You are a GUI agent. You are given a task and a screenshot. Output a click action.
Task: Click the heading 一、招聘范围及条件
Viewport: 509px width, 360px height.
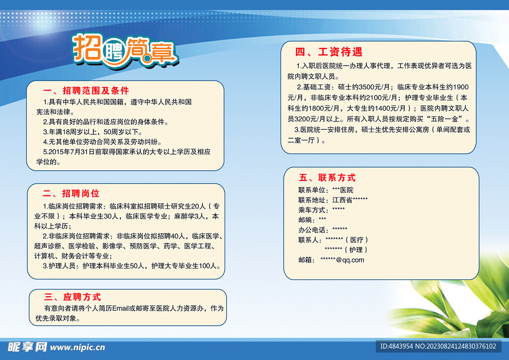pyautogui.click(x=86, y=90)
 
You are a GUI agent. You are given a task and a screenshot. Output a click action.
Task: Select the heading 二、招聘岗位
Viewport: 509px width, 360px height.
pyautogui.click(x=71, y=193)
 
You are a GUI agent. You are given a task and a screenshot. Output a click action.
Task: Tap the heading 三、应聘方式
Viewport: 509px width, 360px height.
pyautogui.click(x=73, y=297)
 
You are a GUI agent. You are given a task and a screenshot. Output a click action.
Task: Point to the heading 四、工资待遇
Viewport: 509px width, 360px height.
pyautogui.click(x=329, y=52)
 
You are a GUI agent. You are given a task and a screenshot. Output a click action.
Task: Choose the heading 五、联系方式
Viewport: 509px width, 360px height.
pyautogui.click(x=327, y=178)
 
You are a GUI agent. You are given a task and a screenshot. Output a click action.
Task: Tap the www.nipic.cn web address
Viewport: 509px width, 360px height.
pyautogui.click(x=78, y=348)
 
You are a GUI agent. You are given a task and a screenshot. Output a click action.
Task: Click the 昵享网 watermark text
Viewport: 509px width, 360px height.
pyautogui.click(x=27, y=347)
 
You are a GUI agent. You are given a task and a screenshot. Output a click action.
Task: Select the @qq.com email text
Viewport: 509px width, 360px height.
pyautogui.click(x=350, y=260)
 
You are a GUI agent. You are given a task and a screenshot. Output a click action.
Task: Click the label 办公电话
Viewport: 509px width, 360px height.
pyautogui.click(x=312, y=230)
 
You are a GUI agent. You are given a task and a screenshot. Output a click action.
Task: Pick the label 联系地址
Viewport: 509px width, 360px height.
pyautogui.click(x=312, y=200)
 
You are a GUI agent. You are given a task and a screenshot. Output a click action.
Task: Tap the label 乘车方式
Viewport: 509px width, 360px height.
pyautogui.click(x=312, y=210)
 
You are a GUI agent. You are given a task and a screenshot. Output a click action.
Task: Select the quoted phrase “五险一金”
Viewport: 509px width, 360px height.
pyautogui.click(x=446, y=119)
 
